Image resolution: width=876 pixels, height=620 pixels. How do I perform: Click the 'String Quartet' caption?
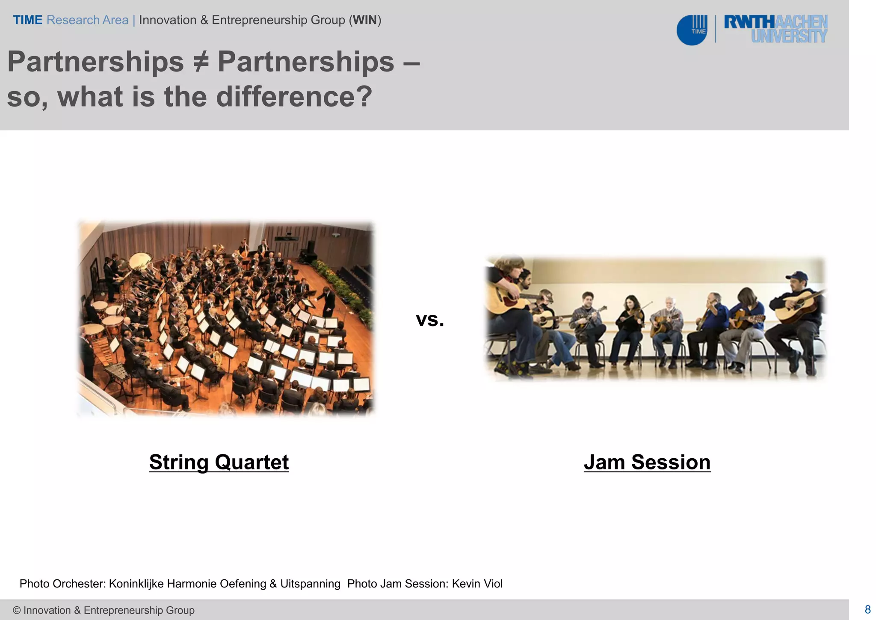tap(219, 462)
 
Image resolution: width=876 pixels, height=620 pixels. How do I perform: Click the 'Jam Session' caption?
tap(647, 462)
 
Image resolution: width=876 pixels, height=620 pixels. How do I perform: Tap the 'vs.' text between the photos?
tap(430, 320)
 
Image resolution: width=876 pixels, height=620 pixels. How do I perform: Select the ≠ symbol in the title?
tap(200, 62)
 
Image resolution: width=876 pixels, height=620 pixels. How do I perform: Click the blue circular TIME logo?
tap(691, 30)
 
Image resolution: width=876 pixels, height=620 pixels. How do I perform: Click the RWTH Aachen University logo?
tap(775, 29)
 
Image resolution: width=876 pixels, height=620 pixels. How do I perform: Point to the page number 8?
tap(867, 609)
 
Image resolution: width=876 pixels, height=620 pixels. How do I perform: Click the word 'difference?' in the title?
tap(294, 97)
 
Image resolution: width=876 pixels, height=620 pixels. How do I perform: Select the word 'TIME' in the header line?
tap(27, 20)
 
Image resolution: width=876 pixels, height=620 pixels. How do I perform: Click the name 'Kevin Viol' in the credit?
tap(477, 584)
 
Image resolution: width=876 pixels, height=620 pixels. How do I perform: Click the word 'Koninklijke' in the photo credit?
tap(136, 584)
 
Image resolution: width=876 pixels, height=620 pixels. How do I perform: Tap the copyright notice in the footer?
tap(104, 610)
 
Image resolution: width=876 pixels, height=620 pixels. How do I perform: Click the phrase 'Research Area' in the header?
tap(87, 20)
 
